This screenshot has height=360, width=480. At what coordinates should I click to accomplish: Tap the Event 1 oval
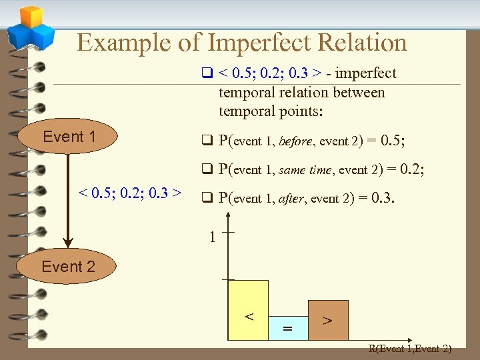pyautogui.click(x=69, y=137)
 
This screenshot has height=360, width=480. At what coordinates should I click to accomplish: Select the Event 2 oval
pyautogui.click(x=68, y=267)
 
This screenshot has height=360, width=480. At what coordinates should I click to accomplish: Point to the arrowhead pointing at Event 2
pyautogui.click(x=67, y=242)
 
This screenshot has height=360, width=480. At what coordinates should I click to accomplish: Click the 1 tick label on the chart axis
pyautogui.click(x=211, y=237)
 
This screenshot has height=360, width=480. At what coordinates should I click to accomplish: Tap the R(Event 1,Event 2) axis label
pyautogui.click(x=410, y=348)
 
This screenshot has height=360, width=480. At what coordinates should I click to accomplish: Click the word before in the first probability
pyautogui.click(x=295, y=141)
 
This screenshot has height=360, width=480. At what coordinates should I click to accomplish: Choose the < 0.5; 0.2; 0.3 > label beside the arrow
pyautogui.click(x=131, y=193)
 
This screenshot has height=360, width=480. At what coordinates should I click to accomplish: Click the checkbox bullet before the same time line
pyautogui.click(x=207, y=169)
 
